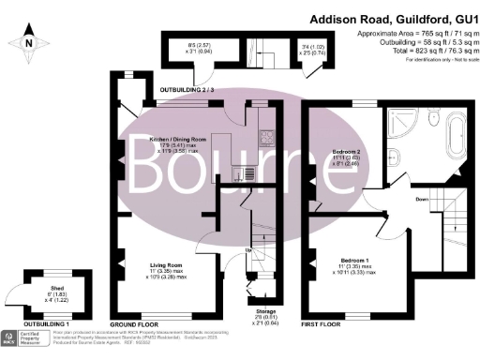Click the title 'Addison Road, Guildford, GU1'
coord(393,19)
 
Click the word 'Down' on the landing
coord(421,200)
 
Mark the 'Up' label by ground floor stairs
coord(248,250)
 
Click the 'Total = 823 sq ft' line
coord(413,52)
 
